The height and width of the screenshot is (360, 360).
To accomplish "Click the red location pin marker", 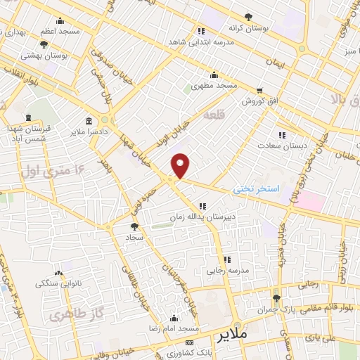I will click(x=181, y=165).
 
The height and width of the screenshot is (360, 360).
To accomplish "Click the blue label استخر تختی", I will click(x=257, y=189).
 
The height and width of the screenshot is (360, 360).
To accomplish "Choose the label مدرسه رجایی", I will click(x=224, y=270).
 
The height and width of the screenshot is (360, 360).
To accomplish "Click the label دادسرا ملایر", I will click(x=88, y=131).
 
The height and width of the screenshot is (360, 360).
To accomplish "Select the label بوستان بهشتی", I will click(x=42, y=55).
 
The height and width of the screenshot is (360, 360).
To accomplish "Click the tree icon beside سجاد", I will click(x=134, y=226).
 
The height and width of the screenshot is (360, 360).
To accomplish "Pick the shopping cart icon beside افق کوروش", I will click(x=261, y=91).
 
